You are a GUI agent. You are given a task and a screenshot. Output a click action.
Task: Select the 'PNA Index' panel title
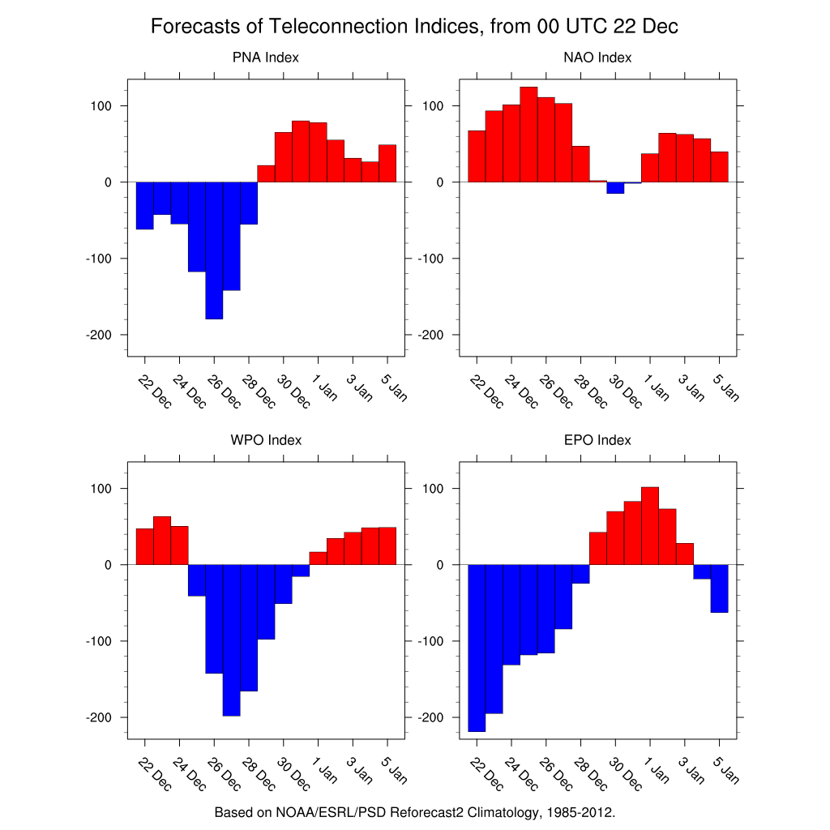pos(266,58)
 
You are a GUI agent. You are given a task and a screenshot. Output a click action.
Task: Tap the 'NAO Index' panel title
pos(597,58)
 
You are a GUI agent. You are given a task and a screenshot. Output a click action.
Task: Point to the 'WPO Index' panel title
pos(266,440)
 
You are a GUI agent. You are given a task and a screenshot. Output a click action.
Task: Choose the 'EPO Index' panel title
pos(597,440)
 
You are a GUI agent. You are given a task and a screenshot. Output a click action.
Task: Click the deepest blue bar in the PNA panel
pos(214,250)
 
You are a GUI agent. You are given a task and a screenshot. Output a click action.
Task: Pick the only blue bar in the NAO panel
pos(615,188)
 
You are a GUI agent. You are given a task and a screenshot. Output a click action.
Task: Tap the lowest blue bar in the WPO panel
pos(231,640)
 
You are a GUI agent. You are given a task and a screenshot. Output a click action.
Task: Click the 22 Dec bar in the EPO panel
pos(477,648)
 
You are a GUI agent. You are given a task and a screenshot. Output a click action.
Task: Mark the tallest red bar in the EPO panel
pos(649,526)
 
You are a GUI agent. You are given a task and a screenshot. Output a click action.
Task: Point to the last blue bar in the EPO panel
pos(719,588)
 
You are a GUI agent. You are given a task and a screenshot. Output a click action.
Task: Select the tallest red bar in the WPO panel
pos(162,541)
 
